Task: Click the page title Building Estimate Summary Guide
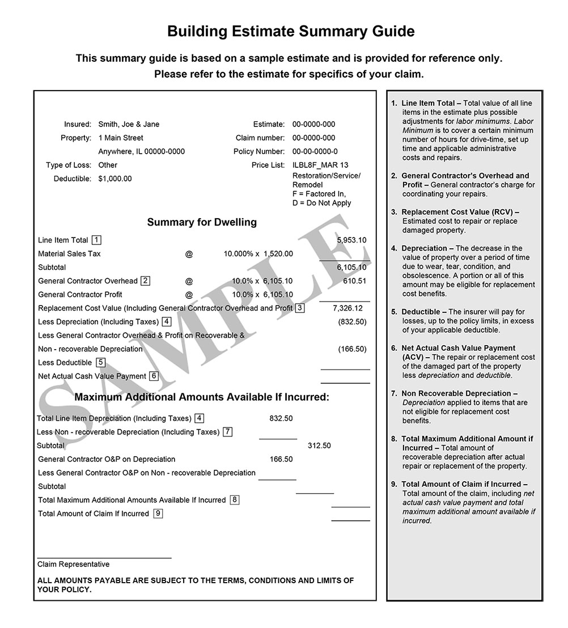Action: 291,32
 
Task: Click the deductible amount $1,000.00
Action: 115,179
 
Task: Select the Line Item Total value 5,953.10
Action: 351,240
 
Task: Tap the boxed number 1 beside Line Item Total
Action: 97,240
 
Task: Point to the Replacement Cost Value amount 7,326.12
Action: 348,308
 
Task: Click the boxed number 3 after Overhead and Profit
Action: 300,308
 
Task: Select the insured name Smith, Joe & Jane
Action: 129,124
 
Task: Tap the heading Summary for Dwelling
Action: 202,222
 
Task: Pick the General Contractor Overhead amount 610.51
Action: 354,281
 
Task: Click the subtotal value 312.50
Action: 319,445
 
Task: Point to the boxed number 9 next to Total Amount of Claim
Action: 158,514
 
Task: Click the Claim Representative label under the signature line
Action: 73,564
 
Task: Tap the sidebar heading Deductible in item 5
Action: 421,312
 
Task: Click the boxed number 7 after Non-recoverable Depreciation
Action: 227,432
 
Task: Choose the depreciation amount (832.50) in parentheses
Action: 352,321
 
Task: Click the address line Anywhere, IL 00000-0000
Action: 141,151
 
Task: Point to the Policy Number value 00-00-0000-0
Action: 315,151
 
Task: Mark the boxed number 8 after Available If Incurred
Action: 235,500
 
